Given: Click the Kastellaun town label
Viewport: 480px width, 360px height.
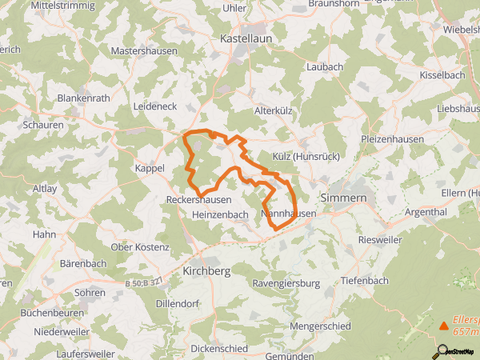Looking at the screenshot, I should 247,38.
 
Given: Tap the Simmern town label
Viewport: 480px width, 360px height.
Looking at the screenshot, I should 343,197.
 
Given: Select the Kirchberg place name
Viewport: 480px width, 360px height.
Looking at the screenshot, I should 206,271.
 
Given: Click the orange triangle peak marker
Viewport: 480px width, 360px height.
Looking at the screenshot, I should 444,326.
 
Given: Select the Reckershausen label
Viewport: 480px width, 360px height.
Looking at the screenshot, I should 198,199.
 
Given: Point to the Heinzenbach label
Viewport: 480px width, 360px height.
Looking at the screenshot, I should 220,215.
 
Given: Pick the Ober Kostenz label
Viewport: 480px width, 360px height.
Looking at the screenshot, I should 140,247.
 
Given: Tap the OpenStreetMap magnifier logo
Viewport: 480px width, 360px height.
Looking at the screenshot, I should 441,350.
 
